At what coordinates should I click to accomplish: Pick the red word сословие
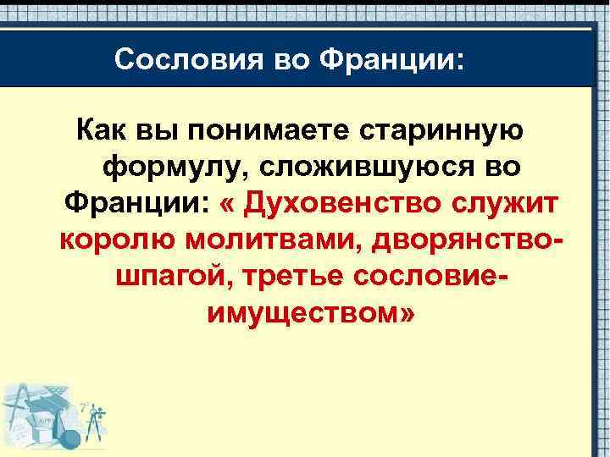coord(422,276)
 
